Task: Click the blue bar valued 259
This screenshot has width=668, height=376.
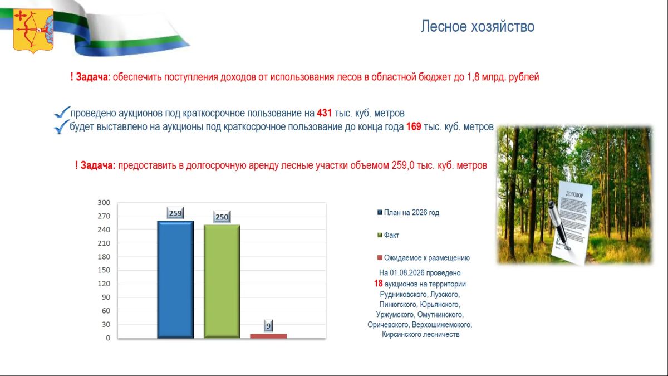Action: click(x=175, y=280)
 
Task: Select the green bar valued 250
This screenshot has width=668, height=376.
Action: click(x=222, y=281)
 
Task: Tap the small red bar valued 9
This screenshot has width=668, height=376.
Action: click(x=268, y=336)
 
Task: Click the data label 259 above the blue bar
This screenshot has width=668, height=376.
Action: click(x=175, y=213)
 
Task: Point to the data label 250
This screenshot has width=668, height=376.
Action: click(x=222, y=217)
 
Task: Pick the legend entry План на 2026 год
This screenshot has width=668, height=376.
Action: click(x=408, y=212)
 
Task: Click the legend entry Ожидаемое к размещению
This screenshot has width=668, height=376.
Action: click(x=424, y=258)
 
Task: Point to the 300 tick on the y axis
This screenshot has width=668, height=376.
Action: click(x=104, y=203)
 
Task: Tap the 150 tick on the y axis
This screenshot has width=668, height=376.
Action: click(x=104, y=270)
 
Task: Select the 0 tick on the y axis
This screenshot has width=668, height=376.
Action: click(x=108, y=338)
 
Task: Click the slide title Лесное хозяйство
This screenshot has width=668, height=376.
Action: click(x=478, y=26)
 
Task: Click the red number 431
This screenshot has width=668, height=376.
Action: click(x=324, y=113)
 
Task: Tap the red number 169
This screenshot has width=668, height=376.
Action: click(x=414, y=126)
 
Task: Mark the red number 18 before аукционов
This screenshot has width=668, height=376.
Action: click(x=378, y=283)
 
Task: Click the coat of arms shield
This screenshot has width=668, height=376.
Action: click(x=33, y=31)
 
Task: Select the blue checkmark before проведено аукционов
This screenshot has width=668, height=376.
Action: click(x=62, y=113)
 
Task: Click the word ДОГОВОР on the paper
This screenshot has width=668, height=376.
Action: click(x=574, y=194)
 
